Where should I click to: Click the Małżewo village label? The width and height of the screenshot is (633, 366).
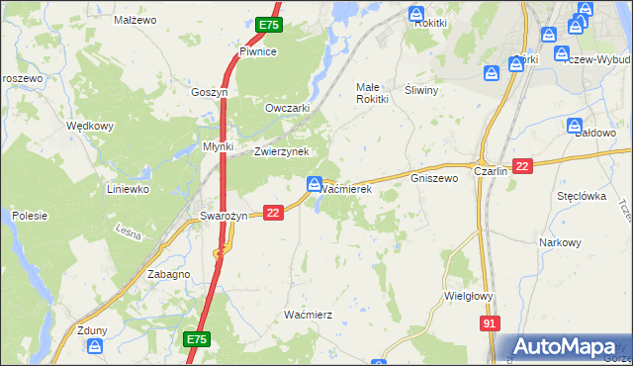click(x=136, y=19)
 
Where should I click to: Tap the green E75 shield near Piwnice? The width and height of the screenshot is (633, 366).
click(x=269, y=25)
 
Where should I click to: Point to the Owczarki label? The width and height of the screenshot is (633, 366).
click(x=288, y=108)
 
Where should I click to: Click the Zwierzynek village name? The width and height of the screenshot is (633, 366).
click(x=282, y=151)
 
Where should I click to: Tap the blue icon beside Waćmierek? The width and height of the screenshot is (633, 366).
click(x=313, y=183)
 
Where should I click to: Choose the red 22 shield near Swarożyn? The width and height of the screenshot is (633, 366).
click(x=274, y=212)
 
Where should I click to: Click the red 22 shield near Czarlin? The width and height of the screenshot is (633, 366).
click(x=523, y=167)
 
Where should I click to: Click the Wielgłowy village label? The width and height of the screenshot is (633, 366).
click(x=469, y=294)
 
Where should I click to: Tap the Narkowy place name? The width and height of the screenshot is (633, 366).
click(x=559, y=242)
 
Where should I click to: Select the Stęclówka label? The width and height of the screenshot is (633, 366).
click(x=581, y=196)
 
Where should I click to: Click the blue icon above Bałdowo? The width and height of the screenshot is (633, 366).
click(x=576, y=126)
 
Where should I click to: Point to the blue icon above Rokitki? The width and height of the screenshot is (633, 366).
click(x=417, y=14)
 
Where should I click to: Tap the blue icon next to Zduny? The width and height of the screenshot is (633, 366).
click(x=95, y=345)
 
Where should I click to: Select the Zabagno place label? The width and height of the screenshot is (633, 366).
click(x=168, y=274)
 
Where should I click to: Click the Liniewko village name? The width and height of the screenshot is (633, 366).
click(x=128, y=188)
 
